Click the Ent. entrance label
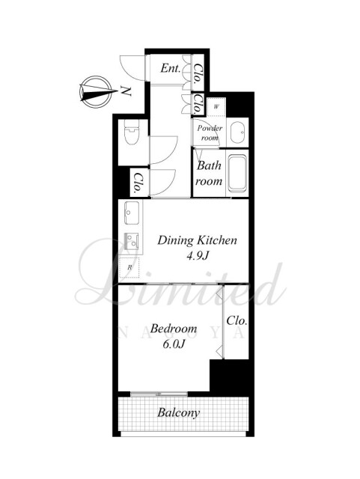171,68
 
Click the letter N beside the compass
126,91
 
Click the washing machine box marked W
216,106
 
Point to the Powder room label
210,132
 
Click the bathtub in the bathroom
237,174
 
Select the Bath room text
209,173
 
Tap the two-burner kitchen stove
132,241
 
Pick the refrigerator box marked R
129,268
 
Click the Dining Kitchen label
197,240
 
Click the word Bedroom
174,329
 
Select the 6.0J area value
174,344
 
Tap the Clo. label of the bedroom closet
237,320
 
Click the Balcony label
178,412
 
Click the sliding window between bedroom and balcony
159,394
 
